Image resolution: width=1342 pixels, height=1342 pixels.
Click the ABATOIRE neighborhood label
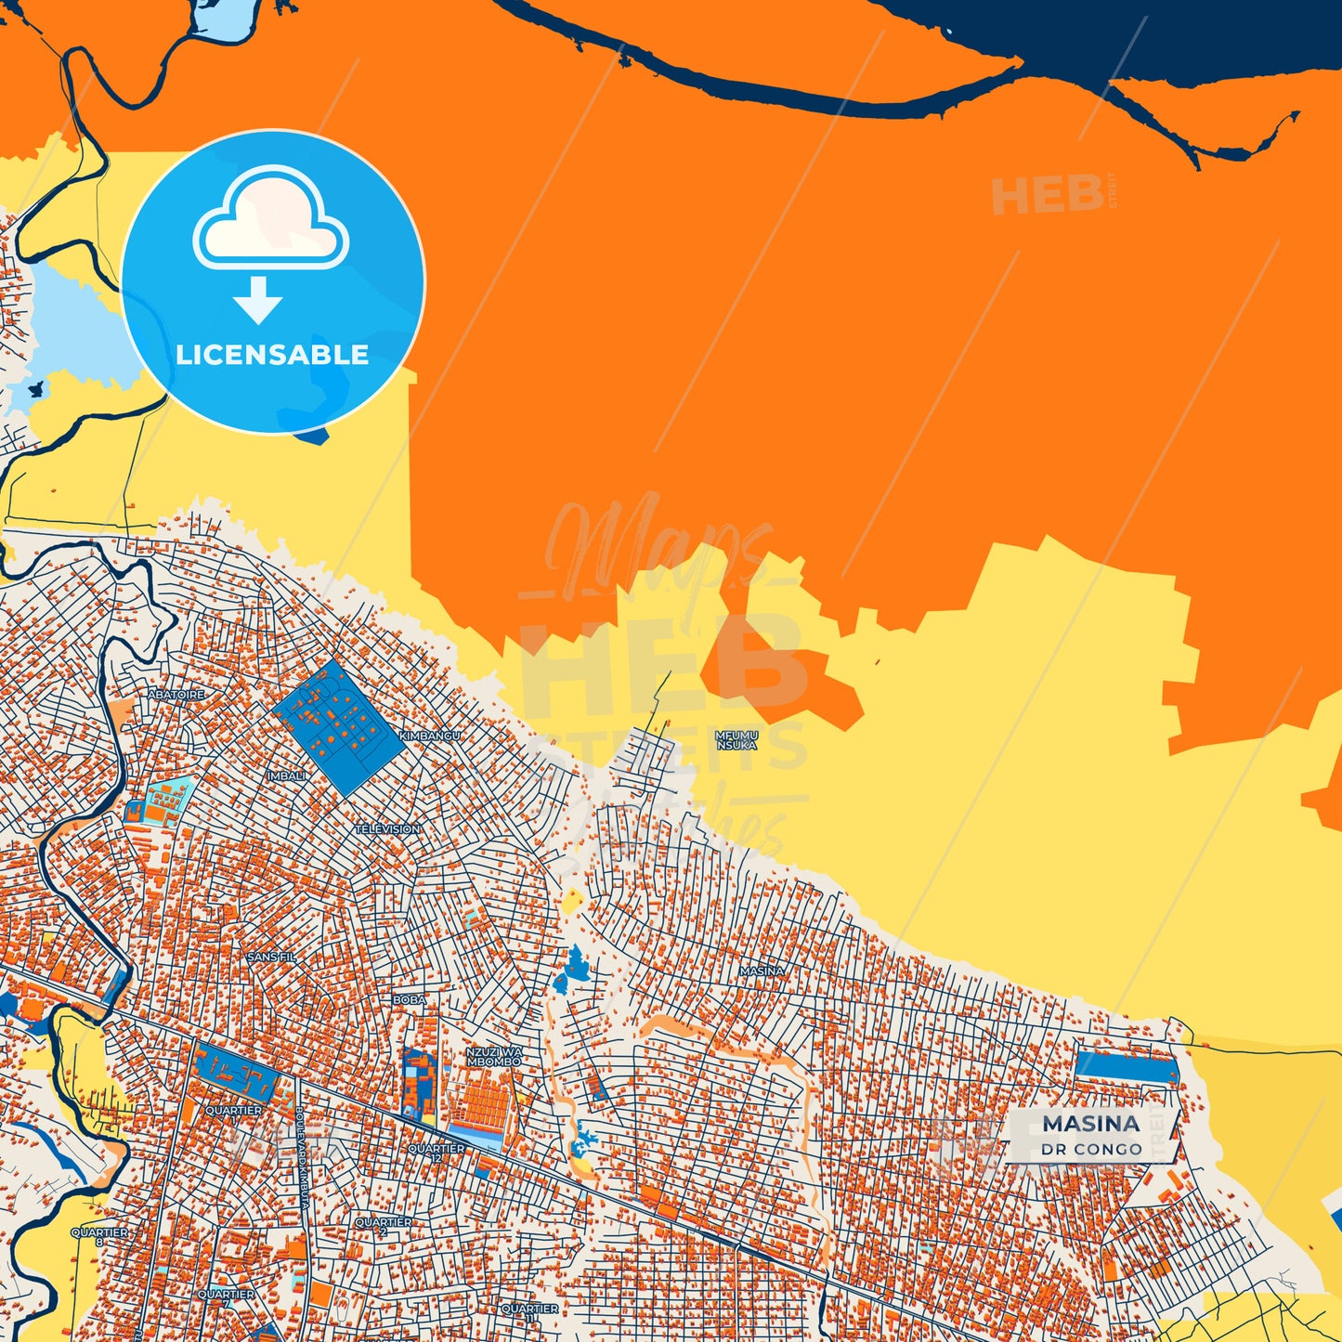click(176, 694)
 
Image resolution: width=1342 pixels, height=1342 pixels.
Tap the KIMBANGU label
click(429, 736)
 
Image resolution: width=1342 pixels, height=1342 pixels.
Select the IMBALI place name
click(286, 775)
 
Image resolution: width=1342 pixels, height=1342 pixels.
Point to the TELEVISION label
click(387, 828)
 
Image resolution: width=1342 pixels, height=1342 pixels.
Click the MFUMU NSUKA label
click(736, 739)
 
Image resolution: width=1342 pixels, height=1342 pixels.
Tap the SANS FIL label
click(271, 956)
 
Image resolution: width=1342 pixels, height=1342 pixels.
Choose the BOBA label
click(410, 999)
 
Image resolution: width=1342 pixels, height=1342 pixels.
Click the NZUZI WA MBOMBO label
click(494, 1056)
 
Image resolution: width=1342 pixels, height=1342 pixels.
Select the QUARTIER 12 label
click(436, 1153)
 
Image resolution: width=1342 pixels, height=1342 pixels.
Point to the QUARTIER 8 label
click(100, 1236)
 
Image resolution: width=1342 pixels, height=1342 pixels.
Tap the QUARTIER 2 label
click(383, 1226)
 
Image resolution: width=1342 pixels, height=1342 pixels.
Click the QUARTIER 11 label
click(529, 1312)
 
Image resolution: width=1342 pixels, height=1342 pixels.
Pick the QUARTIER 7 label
click(226, 1297)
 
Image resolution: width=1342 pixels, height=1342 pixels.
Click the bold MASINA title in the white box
click(1091, 1124)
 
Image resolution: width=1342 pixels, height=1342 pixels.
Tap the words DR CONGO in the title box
click(1091, 1150)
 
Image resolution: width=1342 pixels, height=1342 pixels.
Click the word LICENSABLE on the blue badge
click(272, 355)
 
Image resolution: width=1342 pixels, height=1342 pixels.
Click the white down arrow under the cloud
click(258, 299)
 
